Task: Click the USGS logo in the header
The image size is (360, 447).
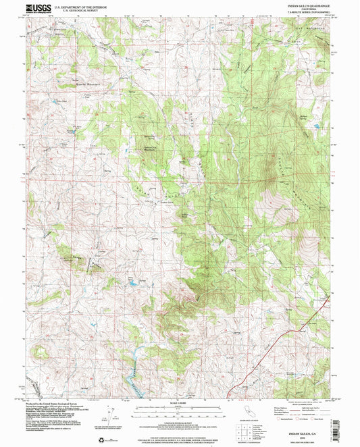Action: [x=38, y=9]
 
